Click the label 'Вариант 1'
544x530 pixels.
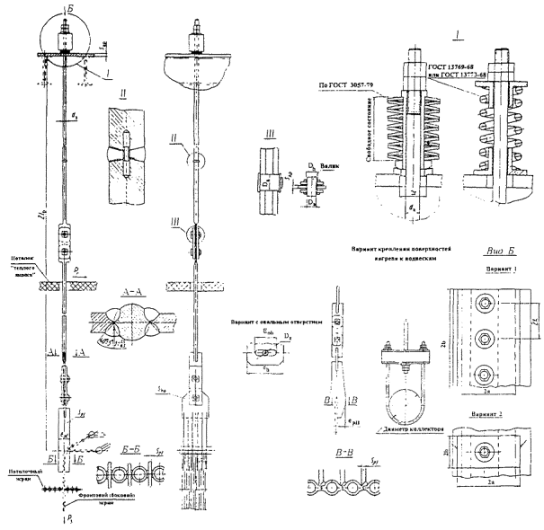point(488,274)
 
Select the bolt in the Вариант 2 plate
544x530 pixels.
point(486,449)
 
